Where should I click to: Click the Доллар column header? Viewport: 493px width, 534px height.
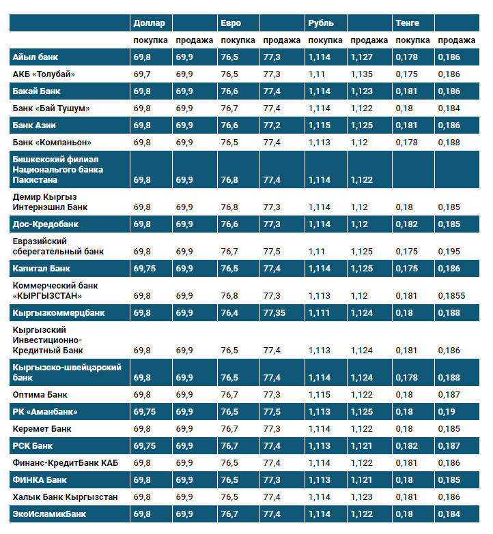coord(149,23)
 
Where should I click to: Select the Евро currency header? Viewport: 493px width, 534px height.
coord(231,23)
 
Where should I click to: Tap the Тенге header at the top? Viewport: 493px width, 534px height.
coord(408,23)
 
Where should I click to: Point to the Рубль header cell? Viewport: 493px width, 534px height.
coord(321,23)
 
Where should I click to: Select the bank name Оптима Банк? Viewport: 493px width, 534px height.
coord(40,395)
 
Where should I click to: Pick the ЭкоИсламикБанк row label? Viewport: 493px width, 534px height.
coord(49,514)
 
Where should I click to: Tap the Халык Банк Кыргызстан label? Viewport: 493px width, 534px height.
coord(65,497)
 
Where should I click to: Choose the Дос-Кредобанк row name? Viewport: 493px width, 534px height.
coord(46,224)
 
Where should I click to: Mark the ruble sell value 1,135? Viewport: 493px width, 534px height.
coord(362,74)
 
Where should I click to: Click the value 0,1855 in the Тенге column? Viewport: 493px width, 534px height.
coord(451,296)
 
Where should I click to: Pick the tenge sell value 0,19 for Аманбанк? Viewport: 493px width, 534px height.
coord(447,412)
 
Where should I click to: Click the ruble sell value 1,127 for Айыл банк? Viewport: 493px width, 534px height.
coord(362,57)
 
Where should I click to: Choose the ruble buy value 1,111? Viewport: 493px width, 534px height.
coord(319,313)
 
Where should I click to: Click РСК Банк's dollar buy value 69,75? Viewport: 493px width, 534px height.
coord(145,446)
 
